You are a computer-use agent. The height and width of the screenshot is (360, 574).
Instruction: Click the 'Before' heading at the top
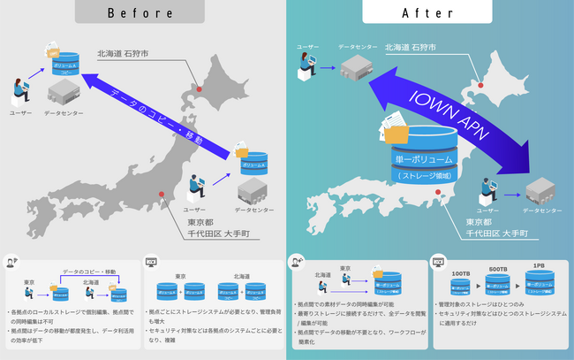tap(143, 12)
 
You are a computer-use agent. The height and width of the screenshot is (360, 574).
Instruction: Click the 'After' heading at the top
tap(431, 12)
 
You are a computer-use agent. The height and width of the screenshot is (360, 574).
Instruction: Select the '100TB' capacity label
tap(461, 274)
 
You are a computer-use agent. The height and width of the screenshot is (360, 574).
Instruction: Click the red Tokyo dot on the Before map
tap(160, 195)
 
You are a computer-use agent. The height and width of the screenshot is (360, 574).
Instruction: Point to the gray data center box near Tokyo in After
tap(538, 191)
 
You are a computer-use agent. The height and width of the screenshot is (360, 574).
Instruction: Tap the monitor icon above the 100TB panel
tap(438, 263)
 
